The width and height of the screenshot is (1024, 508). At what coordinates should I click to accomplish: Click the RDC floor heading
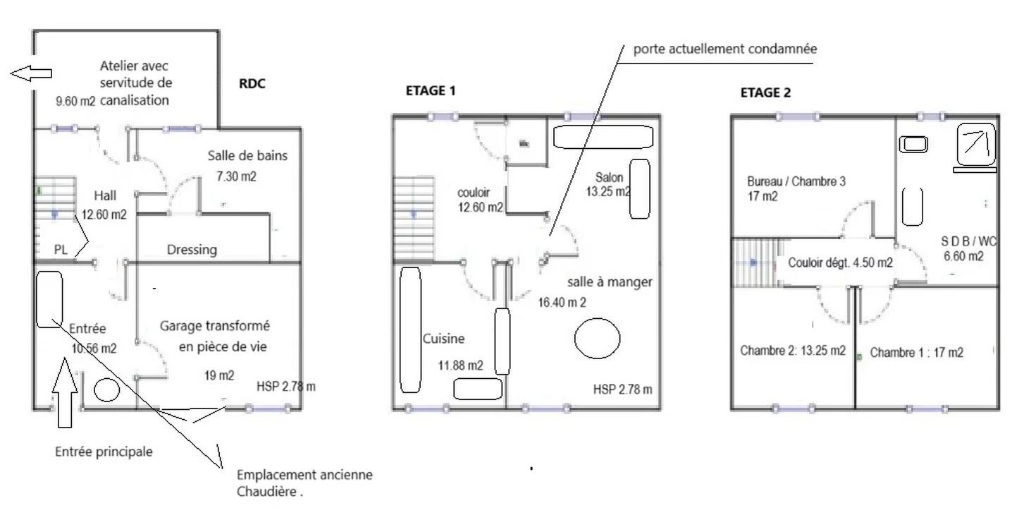252,84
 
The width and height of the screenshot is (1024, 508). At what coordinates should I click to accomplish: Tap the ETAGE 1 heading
431,90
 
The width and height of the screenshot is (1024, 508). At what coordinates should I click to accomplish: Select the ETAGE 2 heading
765,92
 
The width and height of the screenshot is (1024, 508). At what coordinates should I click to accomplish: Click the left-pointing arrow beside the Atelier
31,73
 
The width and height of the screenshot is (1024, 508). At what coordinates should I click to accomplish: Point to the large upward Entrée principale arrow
65,393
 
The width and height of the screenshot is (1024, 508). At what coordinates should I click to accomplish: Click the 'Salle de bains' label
247,156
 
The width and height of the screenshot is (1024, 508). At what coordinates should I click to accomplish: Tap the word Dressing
192,250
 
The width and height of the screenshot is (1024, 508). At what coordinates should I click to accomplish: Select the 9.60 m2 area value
75,101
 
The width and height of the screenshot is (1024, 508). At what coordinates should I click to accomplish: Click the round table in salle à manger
597,338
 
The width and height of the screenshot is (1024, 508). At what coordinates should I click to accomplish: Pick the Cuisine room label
443,339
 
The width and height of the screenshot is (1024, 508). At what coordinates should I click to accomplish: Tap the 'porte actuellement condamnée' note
725,49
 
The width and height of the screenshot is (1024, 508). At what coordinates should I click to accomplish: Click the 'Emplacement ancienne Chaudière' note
304,483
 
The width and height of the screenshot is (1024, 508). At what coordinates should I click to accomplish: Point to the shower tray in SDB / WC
976,144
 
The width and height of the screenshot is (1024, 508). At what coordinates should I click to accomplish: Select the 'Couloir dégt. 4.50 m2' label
840,262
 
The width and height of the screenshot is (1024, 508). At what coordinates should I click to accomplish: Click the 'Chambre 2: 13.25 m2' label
793,351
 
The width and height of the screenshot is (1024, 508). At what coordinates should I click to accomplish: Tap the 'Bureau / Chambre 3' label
796,182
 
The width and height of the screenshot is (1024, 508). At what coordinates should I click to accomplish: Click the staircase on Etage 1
414,219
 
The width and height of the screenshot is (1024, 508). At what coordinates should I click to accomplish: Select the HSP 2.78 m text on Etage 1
622,389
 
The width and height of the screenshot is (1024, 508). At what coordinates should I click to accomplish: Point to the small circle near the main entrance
107,390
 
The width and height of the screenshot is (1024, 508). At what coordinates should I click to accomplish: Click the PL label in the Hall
61,250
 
